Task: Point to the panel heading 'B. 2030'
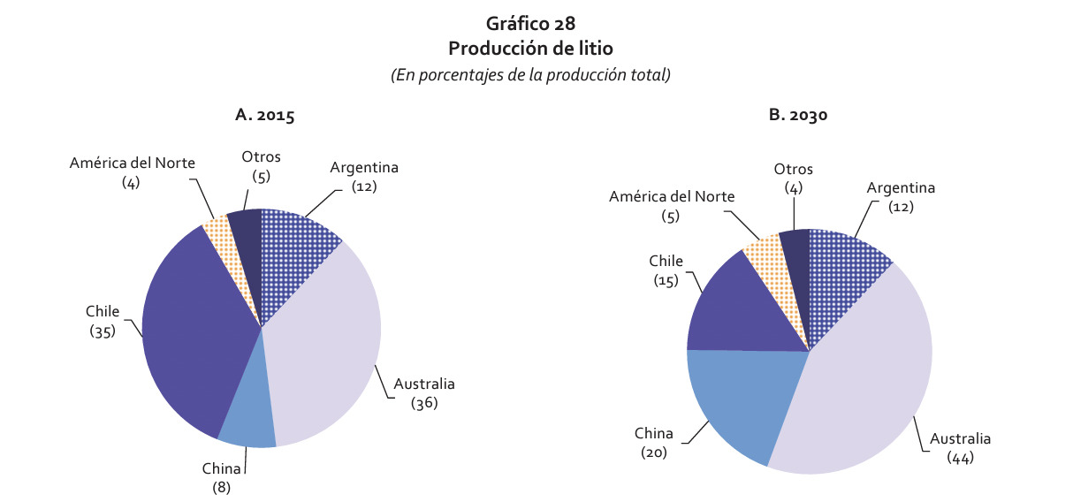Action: pos(797,115)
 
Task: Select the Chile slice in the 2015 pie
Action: pos(190,336)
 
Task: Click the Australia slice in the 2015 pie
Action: pos(327,354)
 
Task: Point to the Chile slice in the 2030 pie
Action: pos(734,309)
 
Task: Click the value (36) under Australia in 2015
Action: pos(424,403)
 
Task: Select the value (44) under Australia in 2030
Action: pos(960,457)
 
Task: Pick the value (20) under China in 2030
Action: pos(653,452)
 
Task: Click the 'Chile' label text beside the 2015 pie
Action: pos(103,312)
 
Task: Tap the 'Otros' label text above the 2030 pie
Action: pos(793,170)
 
